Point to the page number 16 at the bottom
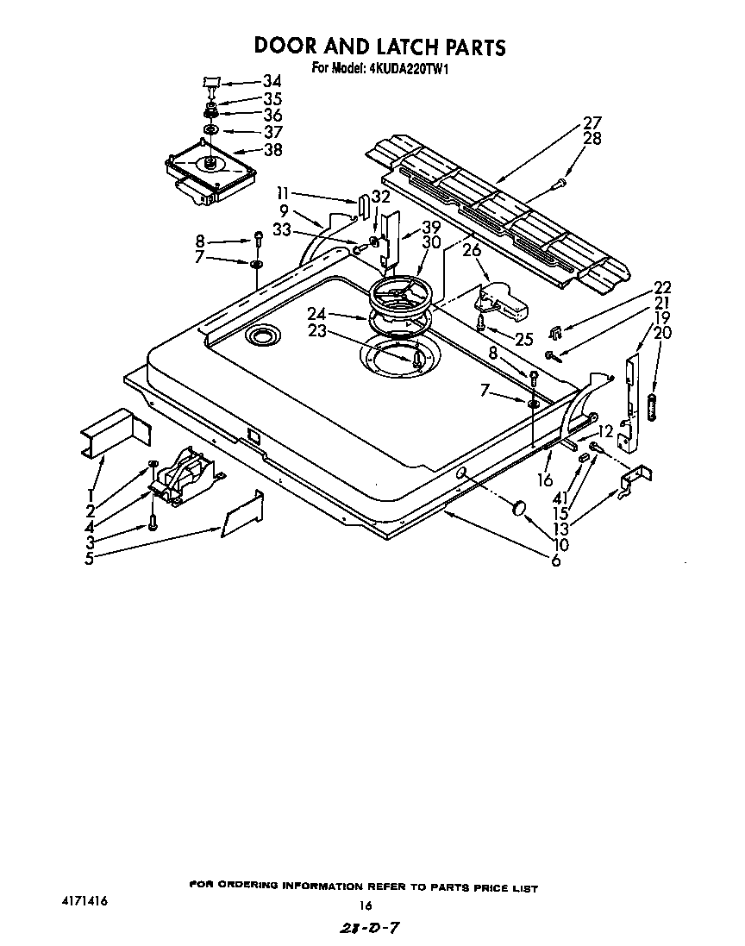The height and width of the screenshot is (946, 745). click(x=365, y=905)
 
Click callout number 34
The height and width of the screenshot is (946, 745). click(x=272, y=82)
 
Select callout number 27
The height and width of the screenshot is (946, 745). click(x=592, y=122)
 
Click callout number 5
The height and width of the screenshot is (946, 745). click(x=89, y=557)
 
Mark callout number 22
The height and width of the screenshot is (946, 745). click(x=662, y=287)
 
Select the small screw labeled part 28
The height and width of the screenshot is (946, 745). click(x=560, y=182)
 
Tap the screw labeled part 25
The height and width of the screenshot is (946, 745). click(x=480, y=323)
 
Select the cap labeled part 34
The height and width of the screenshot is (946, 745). click(x=210, y=81)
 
